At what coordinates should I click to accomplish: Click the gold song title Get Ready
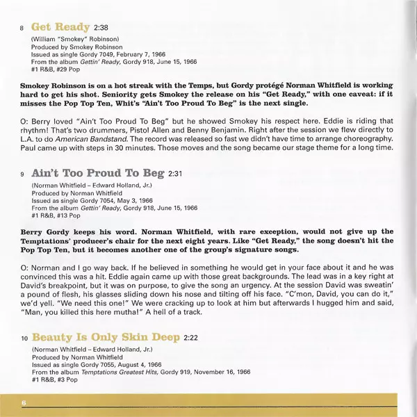[60, 27]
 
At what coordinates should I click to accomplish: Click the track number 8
[22, 28]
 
